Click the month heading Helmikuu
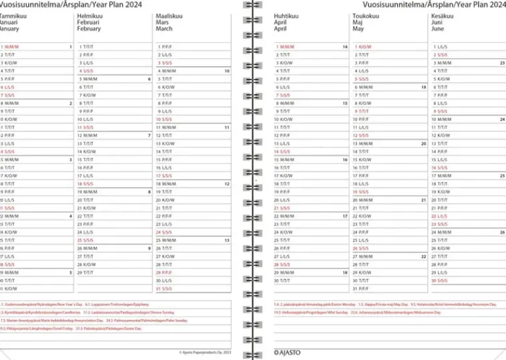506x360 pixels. tap(90, 15)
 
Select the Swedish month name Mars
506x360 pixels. tap(162, 22)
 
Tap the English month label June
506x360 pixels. tap(438, 29)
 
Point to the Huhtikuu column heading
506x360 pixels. tap(286, 15)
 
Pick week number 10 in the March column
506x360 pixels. tap(227, 70)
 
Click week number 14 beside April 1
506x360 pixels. tap(345, 47)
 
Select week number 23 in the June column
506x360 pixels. tap(502, 62)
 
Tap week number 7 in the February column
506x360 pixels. tap(149, 136)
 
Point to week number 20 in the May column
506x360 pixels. tap(423, 144)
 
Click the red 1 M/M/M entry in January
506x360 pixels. tap(11, 47)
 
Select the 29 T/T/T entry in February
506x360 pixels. tap(85, 273)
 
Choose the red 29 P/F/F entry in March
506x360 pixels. tap(164, 273)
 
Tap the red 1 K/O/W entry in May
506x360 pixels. tap(362, 47)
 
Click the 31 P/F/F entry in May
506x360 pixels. tap(362, 289)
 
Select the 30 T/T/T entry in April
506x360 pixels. tap(283, 281)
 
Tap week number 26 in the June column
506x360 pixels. tap(502, 232)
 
